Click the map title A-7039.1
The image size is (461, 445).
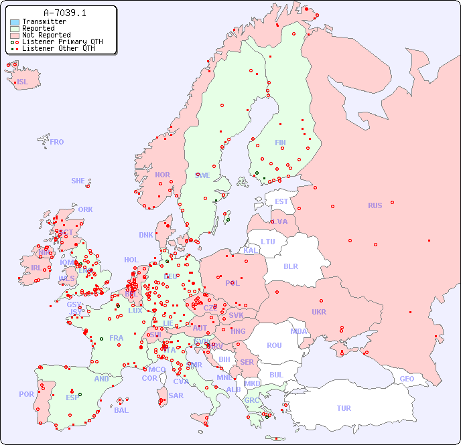(x=64, y=13)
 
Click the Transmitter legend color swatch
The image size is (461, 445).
(x=15, y=22)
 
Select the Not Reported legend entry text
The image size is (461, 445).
(x=46, y=35)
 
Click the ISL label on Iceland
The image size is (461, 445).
(x=23, y=82)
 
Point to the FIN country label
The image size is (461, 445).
(x=280, y=143)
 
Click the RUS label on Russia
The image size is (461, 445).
(x=375, y=205)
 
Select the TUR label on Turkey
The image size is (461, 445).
(x=344, y=408)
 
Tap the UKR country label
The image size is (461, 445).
(x=319, y=312)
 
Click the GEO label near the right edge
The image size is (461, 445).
(x=407, y=379)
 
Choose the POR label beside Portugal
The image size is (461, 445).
(x=26, y=394)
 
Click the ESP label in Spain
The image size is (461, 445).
(x=72, y=397)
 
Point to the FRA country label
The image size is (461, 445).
(x=117, y=338)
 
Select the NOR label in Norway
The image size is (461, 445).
(x=162, y=175)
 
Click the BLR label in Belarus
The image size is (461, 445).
(x=290, y=266)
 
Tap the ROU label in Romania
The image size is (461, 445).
(x=274, y=345)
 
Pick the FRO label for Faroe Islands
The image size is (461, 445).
(x=57, y=142)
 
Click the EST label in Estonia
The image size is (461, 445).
(x=281, y=201)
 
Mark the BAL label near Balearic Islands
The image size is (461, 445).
(x=121, y=410)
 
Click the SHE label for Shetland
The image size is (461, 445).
(x=78, y=181)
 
